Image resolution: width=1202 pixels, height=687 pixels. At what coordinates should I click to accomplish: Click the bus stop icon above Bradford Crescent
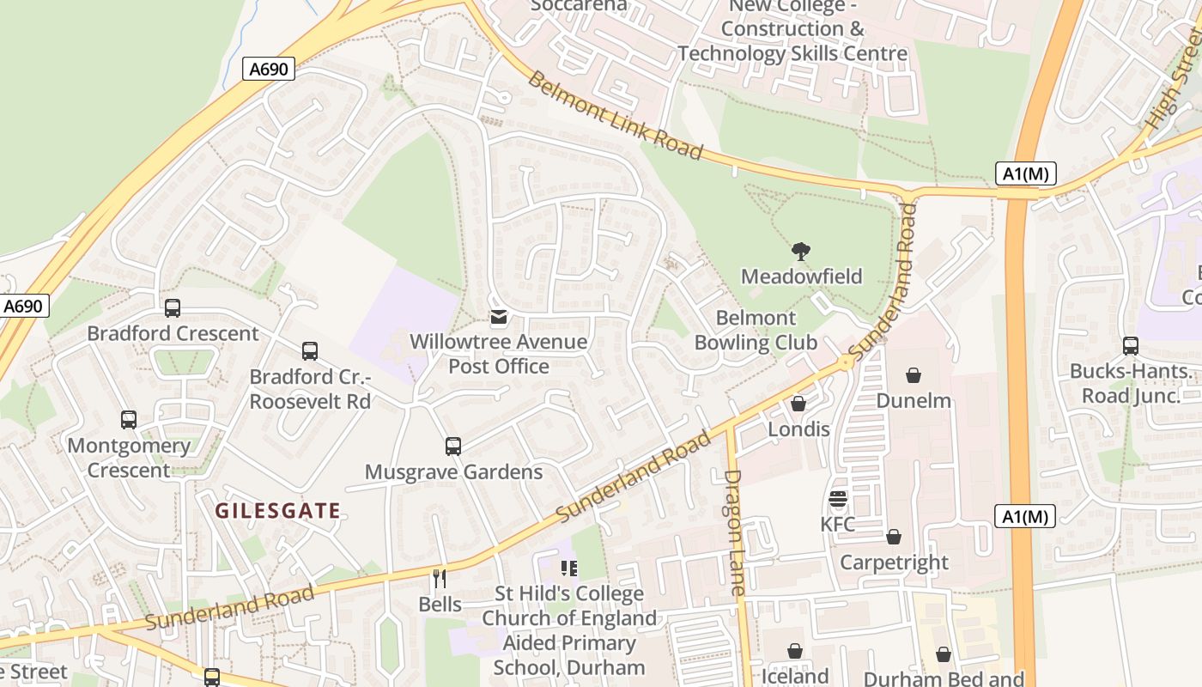pos(173,308)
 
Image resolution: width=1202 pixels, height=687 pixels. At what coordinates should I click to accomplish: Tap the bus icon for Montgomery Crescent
pos(129,420)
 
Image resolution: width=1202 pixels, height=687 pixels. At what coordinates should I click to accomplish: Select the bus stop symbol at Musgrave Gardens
pos(453,447)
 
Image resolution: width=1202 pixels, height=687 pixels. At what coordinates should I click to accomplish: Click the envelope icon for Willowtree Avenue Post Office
pos(498,319)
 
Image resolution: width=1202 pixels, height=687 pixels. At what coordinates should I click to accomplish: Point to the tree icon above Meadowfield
pos(801,252)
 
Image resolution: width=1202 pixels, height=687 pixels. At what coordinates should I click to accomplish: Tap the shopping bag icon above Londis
pos(798,404)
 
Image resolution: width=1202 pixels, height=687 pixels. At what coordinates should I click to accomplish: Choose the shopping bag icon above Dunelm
pos(914,375)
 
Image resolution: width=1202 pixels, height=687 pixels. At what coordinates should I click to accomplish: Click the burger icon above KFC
pos(838,499)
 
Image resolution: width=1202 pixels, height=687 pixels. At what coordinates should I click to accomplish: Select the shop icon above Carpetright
pos(894,537)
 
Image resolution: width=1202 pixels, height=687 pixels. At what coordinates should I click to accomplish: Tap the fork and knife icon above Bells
pos(440,579)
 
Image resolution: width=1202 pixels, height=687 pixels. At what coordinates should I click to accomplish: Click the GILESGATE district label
pos(277,512)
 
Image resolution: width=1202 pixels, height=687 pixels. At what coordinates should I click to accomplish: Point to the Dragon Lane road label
pos(734,532)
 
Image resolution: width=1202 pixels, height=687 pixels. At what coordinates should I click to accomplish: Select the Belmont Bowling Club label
pos(756,331)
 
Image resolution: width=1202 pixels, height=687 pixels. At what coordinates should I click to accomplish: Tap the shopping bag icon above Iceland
pos(795,651)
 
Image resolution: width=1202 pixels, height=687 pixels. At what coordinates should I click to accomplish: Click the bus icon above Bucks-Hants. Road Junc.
pos(1131,346)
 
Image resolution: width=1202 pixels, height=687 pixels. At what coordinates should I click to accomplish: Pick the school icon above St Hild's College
pos(568,568)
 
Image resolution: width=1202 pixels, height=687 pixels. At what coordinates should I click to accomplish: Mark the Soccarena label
pos(579,6)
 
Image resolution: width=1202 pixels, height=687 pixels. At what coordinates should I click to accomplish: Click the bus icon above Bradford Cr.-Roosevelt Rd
pos(310,351)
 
